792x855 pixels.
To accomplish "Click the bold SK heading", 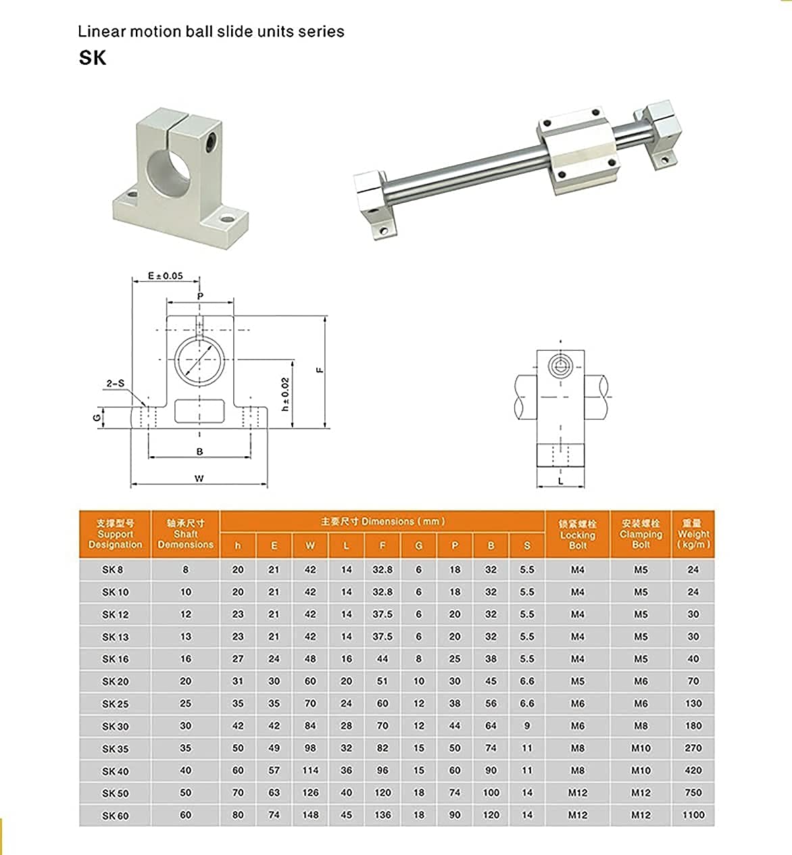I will click(93, 58).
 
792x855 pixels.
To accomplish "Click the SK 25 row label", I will click(115, 704).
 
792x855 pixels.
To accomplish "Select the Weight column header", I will click(693, 534).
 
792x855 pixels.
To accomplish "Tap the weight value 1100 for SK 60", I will click(693, 815).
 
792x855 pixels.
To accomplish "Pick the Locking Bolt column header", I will click(577, 534).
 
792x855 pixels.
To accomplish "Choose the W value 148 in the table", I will click(310, 815).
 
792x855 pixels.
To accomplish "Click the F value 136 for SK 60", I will click(382, 815).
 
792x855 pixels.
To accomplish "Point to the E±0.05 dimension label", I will click(166, 276).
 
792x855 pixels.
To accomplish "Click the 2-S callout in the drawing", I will click(116, 383).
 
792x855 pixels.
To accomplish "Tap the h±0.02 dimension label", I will click(285, 394).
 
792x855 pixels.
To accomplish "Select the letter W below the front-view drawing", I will click(199, 479).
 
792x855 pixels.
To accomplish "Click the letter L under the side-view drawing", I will click(561, 481).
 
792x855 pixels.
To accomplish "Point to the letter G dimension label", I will click(97, 417).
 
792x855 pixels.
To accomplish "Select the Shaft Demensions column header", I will click(185, 534).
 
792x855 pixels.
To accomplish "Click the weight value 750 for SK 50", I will click(693, 793).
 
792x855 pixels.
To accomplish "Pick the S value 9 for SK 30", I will click(527, 726).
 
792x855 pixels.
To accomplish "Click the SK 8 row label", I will click(113, 570).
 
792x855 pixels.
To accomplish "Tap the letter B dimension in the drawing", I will click(199, 451).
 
